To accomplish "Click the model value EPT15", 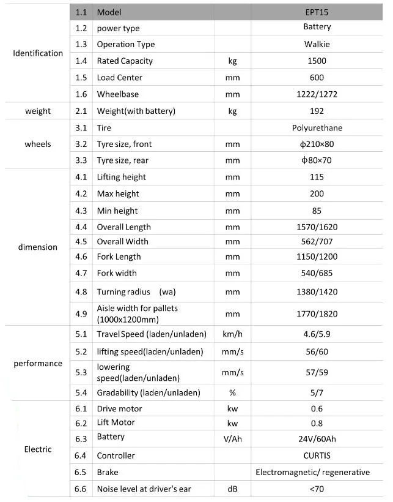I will (x=317, y=12).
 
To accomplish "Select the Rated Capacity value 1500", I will (x=317, y=61).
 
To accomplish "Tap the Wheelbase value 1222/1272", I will (x=317, y=94).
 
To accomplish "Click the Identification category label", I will (x=38, y=53).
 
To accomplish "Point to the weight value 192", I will (x=317, y=111).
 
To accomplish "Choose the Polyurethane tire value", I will (x=317, y=128).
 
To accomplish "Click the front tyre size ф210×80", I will (x=317, y=144).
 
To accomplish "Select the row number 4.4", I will (x=81, y=227).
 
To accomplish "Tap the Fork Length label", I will (x=119, y=257).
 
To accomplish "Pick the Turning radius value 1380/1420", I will (x=317, y=292).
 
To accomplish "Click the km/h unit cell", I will (x=232, y=334).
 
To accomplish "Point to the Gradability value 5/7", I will (x=317, y=392).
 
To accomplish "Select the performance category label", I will (x=38, y=364).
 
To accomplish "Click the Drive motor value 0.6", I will (x=317, y=409).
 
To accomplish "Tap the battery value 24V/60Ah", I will (x=317, y=438).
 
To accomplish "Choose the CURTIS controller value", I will (x=317, y=455).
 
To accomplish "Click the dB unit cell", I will (x=232, y=489).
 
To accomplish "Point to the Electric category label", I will (x=38, y=449).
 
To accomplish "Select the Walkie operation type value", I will (x=317, y=44).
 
